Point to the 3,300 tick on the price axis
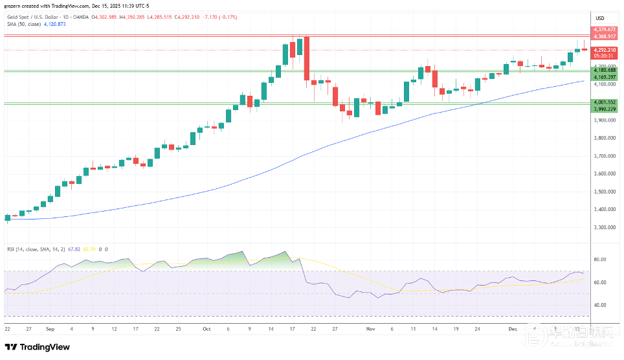pos(603,227)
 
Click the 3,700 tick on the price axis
pos(603,156)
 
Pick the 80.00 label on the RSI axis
pos(600,259)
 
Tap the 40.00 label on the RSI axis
pos(600,305)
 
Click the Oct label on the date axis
pos(206,329)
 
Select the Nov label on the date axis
pos(371,329)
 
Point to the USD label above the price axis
pos(599,17)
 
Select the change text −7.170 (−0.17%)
pos(220,16)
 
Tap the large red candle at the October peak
pos(306,58)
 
